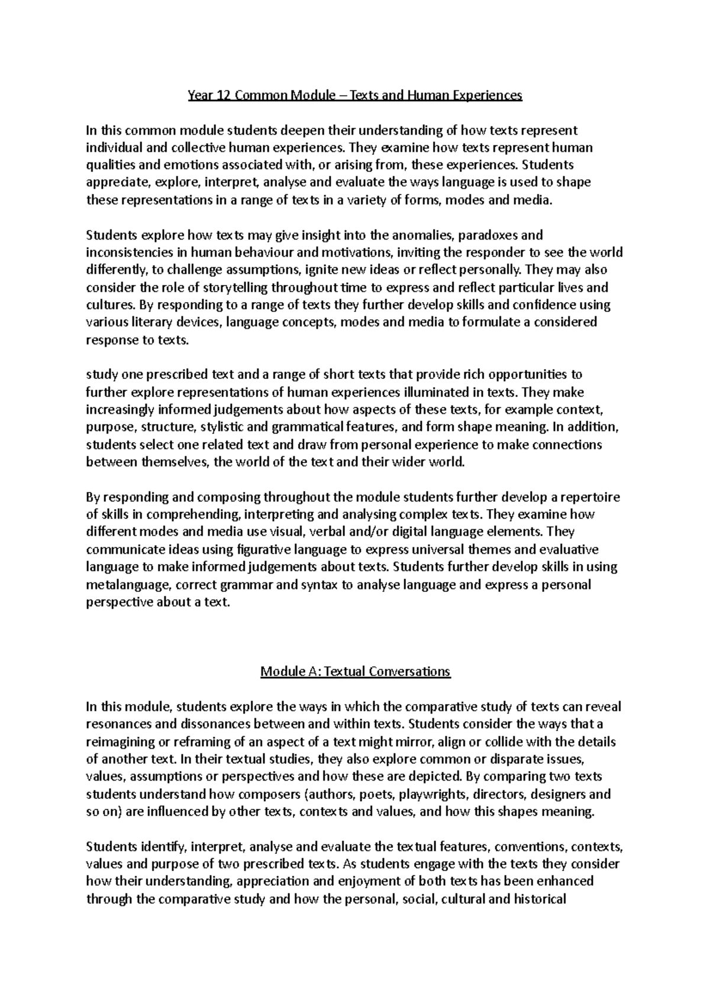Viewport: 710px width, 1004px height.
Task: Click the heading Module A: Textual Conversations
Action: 356,671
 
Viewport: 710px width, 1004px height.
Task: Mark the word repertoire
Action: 588,497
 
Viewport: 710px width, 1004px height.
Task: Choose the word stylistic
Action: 227,426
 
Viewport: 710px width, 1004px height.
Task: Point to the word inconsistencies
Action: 128,253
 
